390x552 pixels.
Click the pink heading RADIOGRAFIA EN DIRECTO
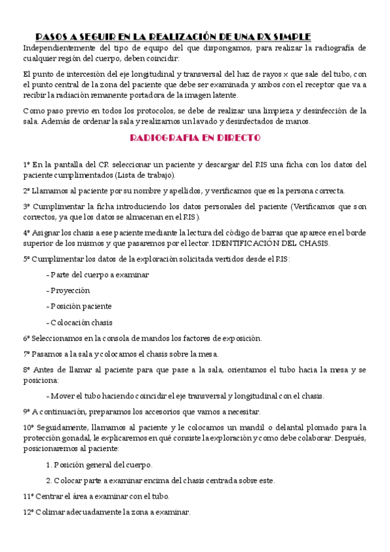[x=195, y=138]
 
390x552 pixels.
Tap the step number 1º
[x=27, y=164]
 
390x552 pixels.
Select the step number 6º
[x=27, y=338]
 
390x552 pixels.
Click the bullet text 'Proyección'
[x=70, y=290]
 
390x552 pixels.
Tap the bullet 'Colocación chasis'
[x=81, y=322]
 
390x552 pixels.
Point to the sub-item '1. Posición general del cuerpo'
[x=100, y=465]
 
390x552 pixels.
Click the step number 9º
[x=27, y=411]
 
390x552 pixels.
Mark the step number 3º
[x=27, y=206]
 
